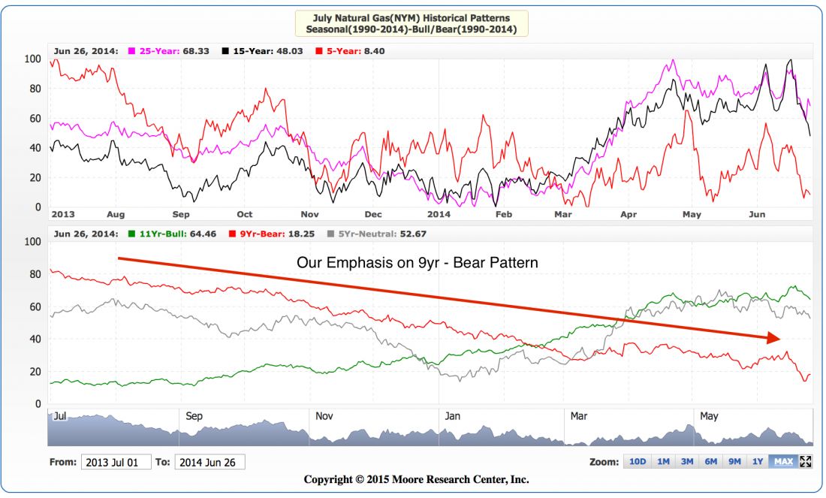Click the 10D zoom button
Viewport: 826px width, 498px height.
coord(638,462)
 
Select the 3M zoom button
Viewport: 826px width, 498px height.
coord(687,462)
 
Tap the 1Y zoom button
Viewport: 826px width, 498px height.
coord(758,462)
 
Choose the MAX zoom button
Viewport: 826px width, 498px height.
coord(783,462)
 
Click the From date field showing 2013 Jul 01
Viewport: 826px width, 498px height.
coord(116,463)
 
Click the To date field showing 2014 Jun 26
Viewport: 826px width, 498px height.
coord(210,463)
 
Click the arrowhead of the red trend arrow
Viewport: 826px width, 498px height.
coord(773,338)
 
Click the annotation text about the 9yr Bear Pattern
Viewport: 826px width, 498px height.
coord(417,264)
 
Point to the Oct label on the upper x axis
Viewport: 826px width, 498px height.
coord(245,214)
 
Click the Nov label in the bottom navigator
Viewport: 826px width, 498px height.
coord(324,415)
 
